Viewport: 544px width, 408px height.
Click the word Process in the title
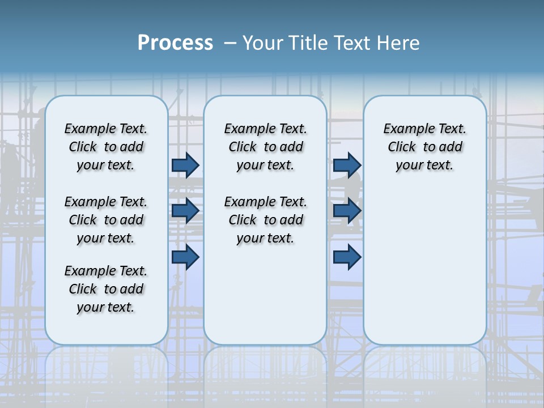click(175, 43)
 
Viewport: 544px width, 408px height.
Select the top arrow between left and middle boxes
click(185, 165)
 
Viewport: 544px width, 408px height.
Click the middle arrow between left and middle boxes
click(185, 211)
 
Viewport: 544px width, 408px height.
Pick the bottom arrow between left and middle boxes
click(185, 257)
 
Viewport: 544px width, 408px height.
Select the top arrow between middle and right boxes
click(347, 165)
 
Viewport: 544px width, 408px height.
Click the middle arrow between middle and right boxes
click(347, 211)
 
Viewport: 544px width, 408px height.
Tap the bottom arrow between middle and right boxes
click(347, 257)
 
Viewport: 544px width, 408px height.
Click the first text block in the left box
click(106, 147)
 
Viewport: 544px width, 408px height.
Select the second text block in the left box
click(106, 220)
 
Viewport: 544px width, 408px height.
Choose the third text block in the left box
click(106, 289)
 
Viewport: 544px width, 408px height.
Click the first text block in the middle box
click(265, 147)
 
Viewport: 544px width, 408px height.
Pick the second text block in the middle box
click(265, 220)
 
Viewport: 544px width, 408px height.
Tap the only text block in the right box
click(425, 147)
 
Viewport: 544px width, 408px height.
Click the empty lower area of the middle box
click(265, 295)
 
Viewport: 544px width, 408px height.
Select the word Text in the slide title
click(352, 43)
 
